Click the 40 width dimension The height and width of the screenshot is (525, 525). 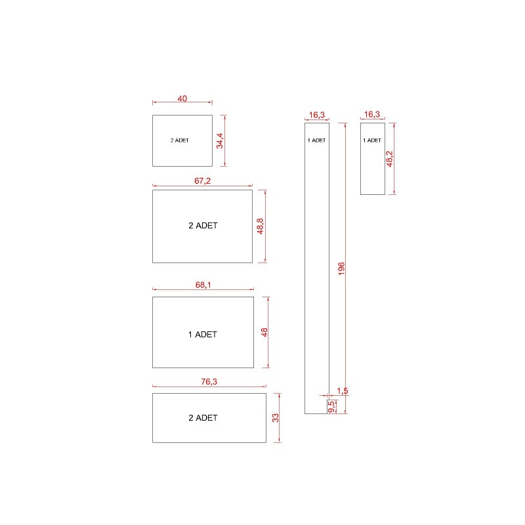(182, 98)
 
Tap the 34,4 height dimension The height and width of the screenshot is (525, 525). (220, 140)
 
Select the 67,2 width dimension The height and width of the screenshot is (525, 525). (203, 181)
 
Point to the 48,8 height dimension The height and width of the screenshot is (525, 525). (260, 226)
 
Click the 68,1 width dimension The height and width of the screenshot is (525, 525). (203, 285)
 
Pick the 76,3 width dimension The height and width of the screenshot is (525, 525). (209, 382)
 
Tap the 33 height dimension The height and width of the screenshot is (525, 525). (275, 418)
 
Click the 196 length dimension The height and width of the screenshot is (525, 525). (341, 269)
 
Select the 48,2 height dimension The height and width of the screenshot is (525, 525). (389, 159)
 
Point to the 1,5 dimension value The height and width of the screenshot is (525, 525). (343, 390)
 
